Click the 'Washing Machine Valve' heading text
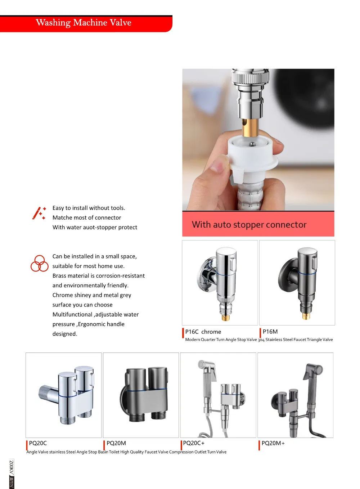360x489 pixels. [84, 22]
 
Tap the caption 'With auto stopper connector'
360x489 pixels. [249, 224]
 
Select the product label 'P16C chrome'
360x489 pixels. [203, 332]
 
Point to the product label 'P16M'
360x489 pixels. [270, 332]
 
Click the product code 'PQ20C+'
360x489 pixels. [194, 443]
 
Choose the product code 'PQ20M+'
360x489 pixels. [273, 443]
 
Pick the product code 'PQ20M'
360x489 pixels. [116, 443]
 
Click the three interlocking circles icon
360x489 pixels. [39, 263]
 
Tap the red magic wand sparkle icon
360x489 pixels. [39, 213]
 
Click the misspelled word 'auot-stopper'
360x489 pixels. [95, 227]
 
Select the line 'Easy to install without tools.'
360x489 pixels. [89, 208]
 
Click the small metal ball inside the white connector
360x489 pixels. [252, 144]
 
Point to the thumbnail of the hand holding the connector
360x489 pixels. [258, 139]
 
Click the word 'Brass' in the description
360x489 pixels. [60, 276]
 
